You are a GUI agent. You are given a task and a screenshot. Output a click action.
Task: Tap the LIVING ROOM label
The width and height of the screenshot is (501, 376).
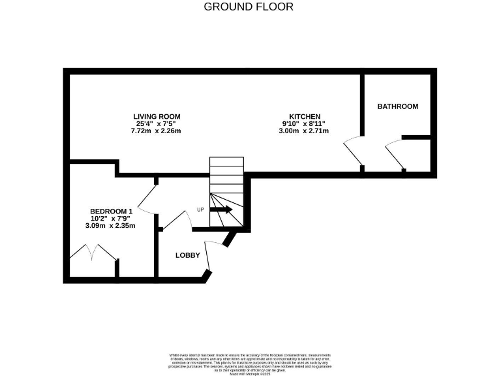(157, 116)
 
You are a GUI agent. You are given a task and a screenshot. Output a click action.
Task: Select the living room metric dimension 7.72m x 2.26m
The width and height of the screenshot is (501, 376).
(157, 131)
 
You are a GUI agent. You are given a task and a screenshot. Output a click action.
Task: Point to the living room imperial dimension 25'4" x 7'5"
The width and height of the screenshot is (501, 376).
(157, 123)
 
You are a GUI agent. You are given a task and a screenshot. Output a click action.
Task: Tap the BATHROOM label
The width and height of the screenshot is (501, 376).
(397, 106)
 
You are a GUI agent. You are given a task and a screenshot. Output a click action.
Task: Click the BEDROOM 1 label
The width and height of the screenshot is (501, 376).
(111, 211)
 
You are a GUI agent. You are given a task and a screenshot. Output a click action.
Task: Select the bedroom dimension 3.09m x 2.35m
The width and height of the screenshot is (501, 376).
(110, 226)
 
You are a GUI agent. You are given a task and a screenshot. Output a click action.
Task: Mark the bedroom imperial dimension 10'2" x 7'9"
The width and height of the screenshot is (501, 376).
(110, 219)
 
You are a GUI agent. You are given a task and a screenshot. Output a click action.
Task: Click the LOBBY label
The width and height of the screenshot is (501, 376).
(187, 255)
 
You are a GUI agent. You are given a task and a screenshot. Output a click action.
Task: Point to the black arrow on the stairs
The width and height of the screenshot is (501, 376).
(220, 210)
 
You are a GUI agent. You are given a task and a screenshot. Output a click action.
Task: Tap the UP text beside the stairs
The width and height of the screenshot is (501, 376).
(201, 210)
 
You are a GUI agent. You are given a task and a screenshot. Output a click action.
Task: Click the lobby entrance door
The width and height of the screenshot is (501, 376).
(208, 257)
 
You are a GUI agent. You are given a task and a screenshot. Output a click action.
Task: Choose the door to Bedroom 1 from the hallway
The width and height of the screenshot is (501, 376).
(147, 199)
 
